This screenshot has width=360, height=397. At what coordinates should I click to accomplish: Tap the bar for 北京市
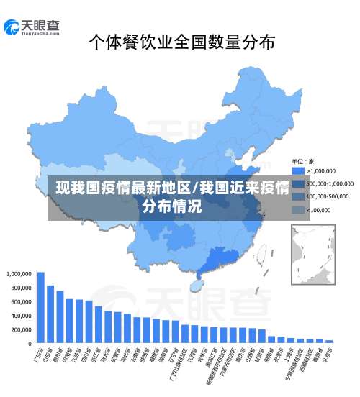330,341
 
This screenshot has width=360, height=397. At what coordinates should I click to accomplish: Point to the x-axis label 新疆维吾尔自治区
212,365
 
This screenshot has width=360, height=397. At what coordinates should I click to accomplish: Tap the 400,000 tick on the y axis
19,316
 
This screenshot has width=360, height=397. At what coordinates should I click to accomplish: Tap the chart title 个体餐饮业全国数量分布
181,43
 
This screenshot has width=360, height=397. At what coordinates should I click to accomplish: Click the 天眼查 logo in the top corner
32,27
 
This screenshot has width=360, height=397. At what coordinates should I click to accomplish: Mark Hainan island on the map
195,286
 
